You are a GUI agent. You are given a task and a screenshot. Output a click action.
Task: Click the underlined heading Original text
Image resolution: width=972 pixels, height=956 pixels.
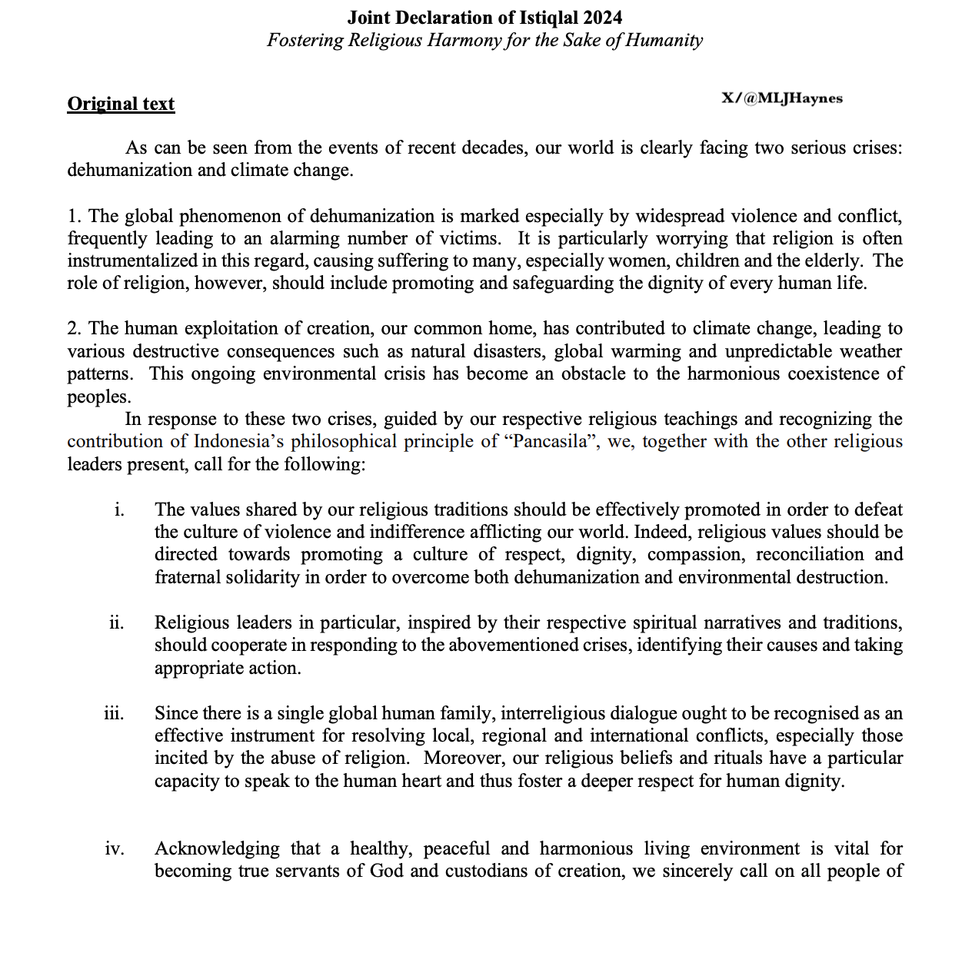[x=121, y=104]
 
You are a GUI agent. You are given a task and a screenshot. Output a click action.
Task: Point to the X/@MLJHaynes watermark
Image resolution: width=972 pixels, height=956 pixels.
[x=782, y=98]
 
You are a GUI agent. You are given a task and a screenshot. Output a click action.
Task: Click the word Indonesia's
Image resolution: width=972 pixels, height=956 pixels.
[x=239, y=442]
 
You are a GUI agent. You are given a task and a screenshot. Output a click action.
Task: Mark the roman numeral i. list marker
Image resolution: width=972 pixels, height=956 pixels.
[x=119, y=510]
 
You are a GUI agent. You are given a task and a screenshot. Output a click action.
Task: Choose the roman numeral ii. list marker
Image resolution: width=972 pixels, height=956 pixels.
[x=116, y=622]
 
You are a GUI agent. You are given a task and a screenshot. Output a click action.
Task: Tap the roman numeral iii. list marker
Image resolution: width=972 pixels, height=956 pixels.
[x=114, y=713]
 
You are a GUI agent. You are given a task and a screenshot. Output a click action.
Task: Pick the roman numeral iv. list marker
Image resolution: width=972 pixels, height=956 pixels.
[x=115, y=848]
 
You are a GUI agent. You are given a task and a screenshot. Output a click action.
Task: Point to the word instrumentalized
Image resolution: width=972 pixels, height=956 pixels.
[x=131, y=261]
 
